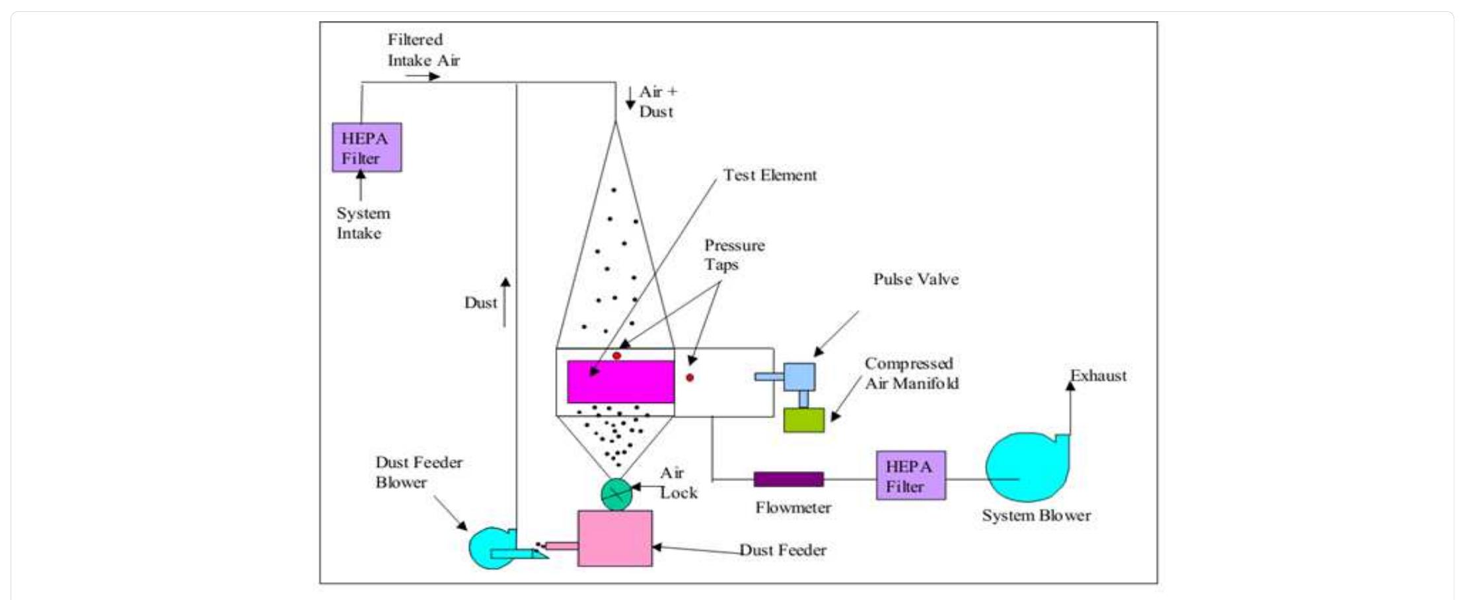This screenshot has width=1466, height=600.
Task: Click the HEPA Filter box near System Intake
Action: [367, 147]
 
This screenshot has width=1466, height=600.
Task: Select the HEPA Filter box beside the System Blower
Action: [910, 476]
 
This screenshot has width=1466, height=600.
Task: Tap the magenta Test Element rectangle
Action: [620, 381]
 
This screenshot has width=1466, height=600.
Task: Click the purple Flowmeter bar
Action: [788, 479]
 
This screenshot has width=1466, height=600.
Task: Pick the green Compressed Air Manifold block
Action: [803, 420]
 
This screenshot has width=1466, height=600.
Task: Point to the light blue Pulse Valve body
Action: [799, 377]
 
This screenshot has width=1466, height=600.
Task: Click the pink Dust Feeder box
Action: [614, 538]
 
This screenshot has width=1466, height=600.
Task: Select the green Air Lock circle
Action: [616, 494]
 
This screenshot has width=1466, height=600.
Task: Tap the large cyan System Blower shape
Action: [1026, 467]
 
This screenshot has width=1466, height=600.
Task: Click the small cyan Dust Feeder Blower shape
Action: [492, 547]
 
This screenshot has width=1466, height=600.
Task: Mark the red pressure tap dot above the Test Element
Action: [616, 356]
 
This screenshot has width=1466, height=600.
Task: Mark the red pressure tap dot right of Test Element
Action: [690, 377]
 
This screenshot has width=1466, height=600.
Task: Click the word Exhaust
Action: [1098, 376]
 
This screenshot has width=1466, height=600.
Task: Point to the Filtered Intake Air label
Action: [423, 50]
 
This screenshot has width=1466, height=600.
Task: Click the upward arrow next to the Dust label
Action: [505, 302]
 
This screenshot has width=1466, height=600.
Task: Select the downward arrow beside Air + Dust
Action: [630, 98]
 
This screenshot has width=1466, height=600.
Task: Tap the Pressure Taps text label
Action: [733, 255]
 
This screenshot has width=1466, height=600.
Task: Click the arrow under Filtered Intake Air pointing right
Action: [422, 76]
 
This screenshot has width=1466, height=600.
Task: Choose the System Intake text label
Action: [363, 223]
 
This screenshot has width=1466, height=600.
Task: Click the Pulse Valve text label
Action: [916, 280]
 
